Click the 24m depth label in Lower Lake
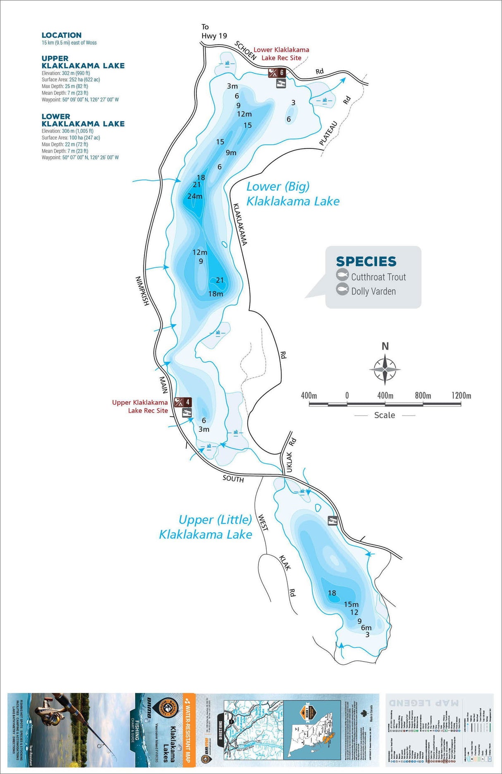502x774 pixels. [x=195, y=196]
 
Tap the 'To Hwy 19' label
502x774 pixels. [x=214, y=31]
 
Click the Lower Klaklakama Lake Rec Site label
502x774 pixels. [x=281, y=54]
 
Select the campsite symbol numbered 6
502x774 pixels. [x=277, y=73]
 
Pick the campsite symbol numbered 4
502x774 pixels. [x=182, y=402]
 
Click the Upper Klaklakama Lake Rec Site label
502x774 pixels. [x=140, y=406]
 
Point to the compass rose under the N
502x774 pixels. [x=385, y=369]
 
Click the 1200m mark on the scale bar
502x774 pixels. [x=461, y=396]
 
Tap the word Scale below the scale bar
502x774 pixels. [x=385, y=415]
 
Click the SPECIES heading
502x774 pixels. [x=366, y=261]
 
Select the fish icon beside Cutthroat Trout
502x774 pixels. [x=342, y=275]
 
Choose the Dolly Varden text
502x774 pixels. [x=373, y=291]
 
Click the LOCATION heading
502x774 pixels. [x=62, y=35]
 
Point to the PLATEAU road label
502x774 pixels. [x=329, y=133]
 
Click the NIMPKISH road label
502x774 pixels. [x=142, y=291]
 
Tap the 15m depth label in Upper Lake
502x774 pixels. [x=351, y=604]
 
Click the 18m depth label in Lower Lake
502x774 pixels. [x=215, y=294]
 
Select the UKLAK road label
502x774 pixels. [x=289, y=462]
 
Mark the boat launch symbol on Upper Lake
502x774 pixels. [x=332, y=521]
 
